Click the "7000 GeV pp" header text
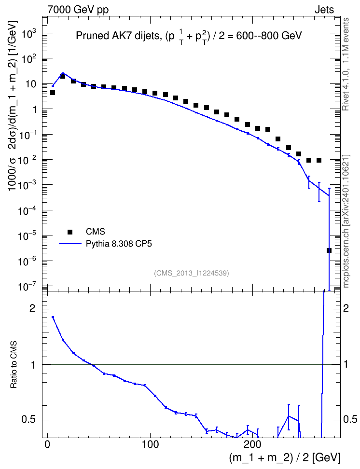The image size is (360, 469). point(78,10)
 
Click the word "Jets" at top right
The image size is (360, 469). point(324,10)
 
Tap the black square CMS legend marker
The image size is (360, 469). point(69,232)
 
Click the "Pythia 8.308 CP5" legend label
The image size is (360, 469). point(119,244)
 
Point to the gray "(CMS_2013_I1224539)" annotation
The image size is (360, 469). point(192,273)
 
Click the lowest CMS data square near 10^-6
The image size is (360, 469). point(329,250)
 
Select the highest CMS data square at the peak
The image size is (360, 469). point(63,76)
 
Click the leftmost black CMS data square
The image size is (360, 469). point(53,93)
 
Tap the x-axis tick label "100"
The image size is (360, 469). point(150,444)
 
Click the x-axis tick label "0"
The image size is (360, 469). point(47,444)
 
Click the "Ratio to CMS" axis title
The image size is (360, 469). point(14,364)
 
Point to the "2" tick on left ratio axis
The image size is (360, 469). point(32,308)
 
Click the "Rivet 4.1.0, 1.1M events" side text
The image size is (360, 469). point(346,64)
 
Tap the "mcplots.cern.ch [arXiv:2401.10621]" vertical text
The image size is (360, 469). point(346,221)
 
